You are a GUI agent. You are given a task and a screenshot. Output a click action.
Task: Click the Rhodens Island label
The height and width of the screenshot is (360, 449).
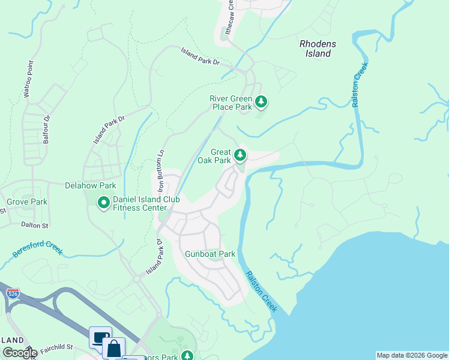tap(315, 48)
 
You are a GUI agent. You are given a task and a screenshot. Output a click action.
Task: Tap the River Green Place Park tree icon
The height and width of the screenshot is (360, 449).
tap(261, 102)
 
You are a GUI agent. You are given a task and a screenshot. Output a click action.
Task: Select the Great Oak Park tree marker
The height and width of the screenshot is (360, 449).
tap(240, 156)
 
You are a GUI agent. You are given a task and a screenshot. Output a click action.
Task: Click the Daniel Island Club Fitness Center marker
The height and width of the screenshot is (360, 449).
tap(104, 203)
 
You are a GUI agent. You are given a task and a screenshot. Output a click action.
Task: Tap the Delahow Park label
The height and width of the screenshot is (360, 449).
tap(90, 186)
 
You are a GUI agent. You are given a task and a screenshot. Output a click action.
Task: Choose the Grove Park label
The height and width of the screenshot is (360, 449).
tap(27, 202)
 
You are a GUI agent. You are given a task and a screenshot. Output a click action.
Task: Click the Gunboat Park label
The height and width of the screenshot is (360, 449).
tap(210, 254)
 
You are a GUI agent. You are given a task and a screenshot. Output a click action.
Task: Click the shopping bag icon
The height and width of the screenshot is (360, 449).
tap(113, 348)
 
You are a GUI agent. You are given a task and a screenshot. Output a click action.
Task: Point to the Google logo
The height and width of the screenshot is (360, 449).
tap(20, 353)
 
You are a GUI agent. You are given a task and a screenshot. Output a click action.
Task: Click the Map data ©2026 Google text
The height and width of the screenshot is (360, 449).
tap(412, 355)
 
